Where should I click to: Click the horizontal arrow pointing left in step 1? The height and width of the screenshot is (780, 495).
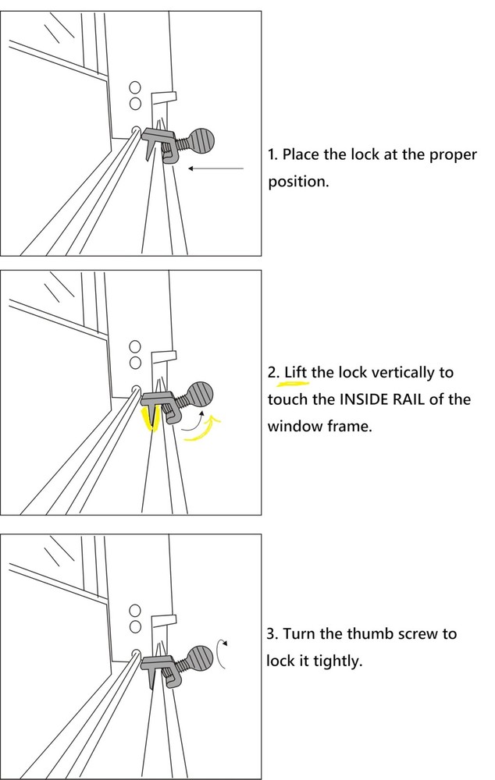click(x=215, y=168)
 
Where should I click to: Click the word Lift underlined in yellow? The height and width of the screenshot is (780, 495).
click(x=295, y=373)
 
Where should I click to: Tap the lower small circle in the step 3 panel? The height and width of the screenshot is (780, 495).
click(x=135, y=626)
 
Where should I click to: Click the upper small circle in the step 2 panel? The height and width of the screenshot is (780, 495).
click(x=135, y=346)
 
